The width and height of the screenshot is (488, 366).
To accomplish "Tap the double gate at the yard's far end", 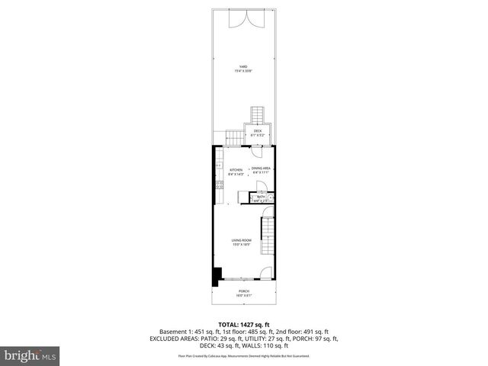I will [243, 18].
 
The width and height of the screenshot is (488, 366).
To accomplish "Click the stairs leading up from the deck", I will [258, 114].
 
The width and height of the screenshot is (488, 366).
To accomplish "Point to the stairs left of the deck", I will [233, 136].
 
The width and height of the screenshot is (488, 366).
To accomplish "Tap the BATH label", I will [261, 197].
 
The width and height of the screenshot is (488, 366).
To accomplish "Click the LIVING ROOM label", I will [242, 242].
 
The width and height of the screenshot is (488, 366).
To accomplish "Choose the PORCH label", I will [244, 292].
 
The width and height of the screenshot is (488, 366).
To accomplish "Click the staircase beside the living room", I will [267, 236].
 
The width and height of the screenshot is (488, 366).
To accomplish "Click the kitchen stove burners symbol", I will [218, 185].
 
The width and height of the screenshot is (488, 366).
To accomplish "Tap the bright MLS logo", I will [29, 355].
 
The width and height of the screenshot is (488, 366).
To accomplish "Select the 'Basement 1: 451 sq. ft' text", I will [188, 332].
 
